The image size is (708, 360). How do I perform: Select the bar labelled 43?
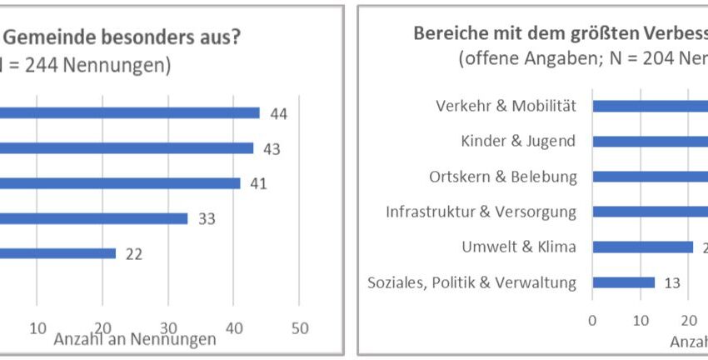pyautogui.click(x=125, y=147)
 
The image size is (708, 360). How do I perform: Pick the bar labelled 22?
pyautogui.click(x=58, y=253)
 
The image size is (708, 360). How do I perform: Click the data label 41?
pyautogui.click(x=258, y=183)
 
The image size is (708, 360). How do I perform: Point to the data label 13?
pyautogui.click(x=672, y=282)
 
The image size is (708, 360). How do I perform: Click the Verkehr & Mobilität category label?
pyautogui.click(x=506, y=106)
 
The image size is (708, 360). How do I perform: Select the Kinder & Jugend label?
pyautogui.click(x=518, y=141)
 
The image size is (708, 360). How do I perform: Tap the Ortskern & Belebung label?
pyautogui.click(x=503, y=177)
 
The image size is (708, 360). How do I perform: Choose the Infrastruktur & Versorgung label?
pyautogui.click(x=481, y=212)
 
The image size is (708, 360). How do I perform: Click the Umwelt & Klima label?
pyautogui.click(x=519, y=247)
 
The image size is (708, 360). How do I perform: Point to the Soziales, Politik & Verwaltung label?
pyautogui.click(x=471, y=282)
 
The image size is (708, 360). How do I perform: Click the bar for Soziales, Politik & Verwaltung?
pyautogui.click(x=623, y=282)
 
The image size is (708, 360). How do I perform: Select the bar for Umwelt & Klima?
pyautogui.click(x=642, y=247)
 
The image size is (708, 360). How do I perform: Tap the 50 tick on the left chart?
pyautogui.click(x=300, y=328)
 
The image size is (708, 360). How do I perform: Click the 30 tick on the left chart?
pyautogui.click(x=168, y=328)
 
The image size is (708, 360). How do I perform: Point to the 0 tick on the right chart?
pyautogui.click(x=592, y=319)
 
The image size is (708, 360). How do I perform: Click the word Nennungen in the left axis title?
pyautogui.click(x=177, y=339)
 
